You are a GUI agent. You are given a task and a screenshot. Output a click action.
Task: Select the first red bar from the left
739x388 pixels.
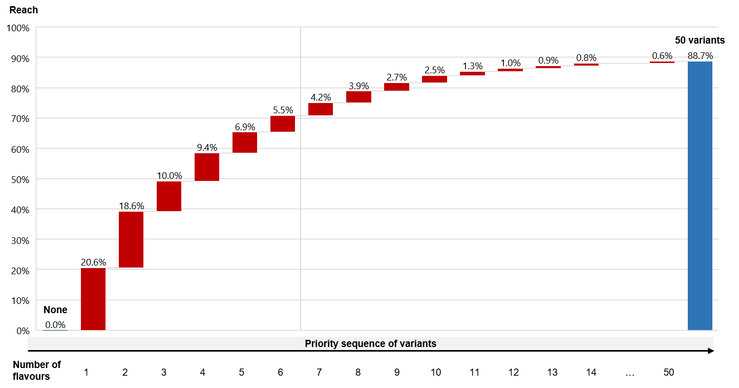point(93,299)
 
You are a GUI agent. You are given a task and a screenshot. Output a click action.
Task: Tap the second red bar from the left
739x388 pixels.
point(131,239)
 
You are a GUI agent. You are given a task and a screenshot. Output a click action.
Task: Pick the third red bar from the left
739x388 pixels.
point(169,196)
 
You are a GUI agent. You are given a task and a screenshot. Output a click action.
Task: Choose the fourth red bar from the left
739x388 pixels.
point(207,167)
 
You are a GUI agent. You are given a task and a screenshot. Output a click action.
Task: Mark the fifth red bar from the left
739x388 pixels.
point(245,142)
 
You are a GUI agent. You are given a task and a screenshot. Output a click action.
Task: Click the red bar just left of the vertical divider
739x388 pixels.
point(283,124)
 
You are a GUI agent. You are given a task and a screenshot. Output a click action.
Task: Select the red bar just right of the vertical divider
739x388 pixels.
point(321,109)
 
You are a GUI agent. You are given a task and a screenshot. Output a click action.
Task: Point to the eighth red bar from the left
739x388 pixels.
point(358,97)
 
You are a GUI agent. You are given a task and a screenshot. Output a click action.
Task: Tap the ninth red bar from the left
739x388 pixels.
point(396,87)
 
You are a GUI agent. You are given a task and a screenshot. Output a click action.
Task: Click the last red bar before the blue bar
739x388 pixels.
point(662,62)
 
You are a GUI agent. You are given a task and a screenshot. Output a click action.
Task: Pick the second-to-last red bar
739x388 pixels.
point(586,65)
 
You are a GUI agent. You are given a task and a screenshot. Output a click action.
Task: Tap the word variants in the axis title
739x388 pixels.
point(420,344)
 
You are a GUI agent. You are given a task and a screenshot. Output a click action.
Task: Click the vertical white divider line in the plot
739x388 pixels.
point(301,205)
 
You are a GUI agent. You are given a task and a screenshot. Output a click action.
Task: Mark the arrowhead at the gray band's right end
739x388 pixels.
point(710,349)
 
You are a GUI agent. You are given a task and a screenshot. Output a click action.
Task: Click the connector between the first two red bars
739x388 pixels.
point(112,268)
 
